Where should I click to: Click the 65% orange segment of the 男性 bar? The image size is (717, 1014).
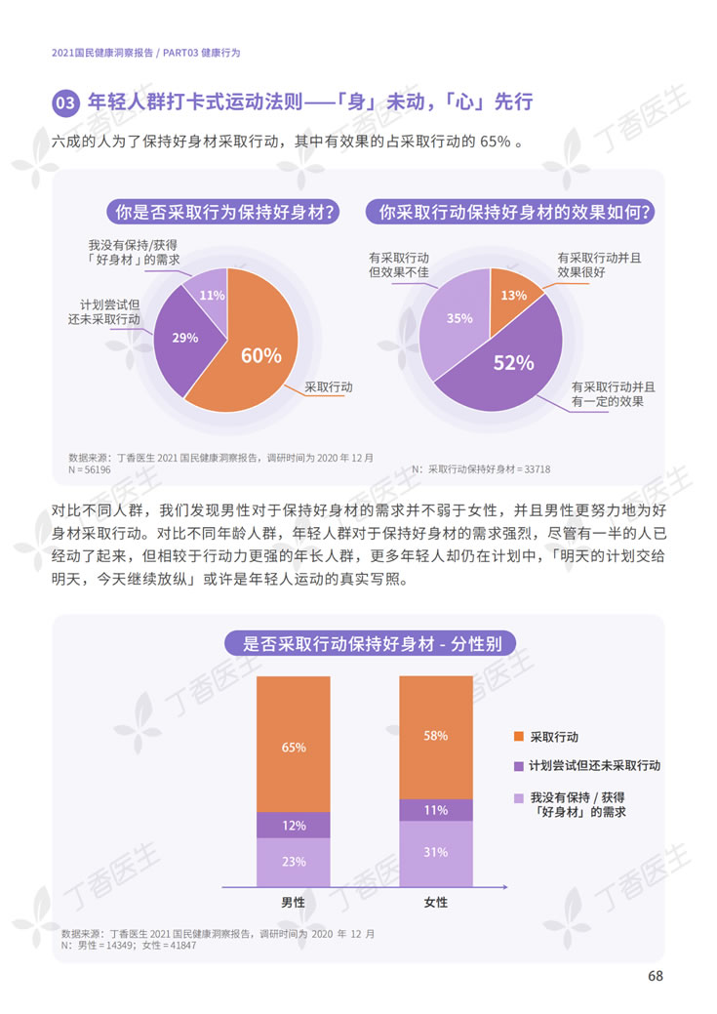point(294,746)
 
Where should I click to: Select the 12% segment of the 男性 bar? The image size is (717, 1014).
point(294,825)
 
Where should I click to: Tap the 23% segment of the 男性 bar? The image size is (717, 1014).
point(294,862)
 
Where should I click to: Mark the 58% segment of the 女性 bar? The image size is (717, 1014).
point(435,736)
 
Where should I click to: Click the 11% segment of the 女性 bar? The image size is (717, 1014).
point(435,809)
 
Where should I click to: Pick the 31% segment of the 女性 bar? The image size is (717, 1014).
point(435,852)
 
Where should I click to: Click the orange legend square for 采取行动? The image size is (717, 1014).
point(518,737)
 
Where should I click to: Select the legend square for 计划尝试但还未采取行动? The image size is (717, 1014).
point(518,766)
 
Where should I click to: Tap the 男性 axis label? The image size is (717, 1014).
point(293,903)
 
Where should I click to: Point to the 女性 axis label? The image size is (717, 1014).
point(435,903)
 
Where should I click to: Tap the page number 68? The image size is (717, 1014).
point(656,977)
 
